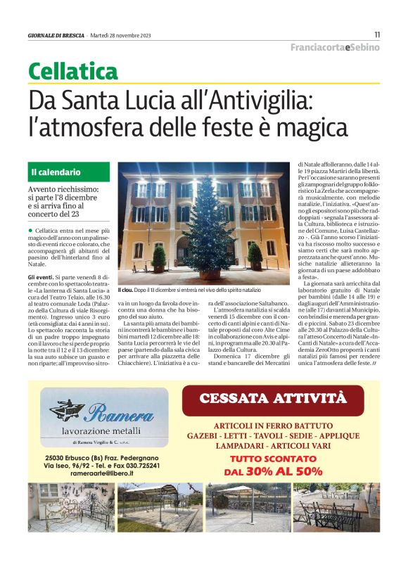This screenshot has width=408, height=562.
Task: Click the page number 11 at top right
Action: [377, 34]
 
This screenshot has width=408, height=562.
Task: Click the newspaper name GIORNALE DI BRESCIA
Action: [56, 35]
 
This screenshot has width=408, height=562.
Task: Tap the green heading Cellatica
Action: [73, 71]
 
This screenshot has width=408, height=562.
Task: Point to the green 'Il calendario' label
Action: [56, 172]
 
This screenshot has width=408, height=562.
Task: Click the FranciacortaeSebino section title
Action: [335, 47]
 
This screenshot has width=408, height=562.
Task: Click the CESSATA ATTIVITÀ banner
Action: [273, 399]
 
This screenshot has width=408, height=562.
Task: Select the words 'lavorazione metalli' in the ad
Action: [105, 431]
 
